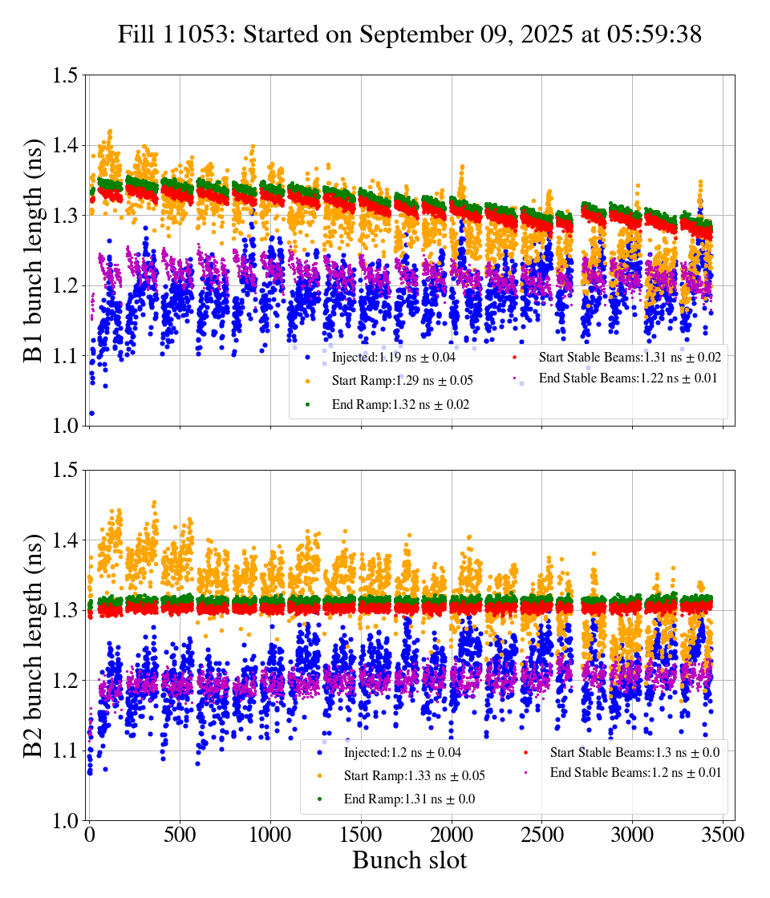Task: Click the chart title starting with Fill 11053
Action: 409,34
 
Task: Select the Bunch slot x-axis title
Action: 409,860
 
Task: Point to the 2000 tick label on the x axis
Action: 452,835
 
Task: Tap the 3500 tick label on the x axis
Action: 723,835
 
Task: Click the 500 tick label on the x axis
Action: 180,835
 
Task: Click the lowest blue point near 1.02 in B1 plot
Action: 91,414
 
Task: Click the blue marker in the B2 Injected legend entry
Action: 320,752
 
